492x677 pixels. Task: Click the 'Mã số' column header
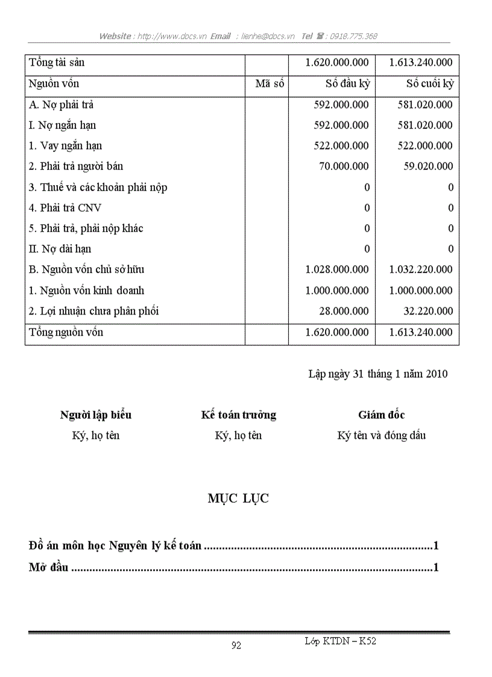click(x=269, y=84)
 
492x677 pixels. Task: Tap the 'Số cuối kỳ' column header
click(x=429, y=84)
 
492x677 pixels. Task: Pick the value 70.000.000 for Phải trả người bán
click(x=344, y=166)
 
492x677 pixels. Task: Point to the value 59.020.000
click(x=427, y=166)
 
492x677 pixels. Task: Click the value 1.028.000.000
click(x=337, y=269)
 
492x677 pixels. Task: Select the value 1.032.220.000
click(x=421, y=269)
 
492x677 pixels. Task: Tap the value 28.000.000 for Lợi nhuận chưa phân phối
click(x=344, y=311)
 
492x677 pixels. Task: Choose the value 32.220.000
click(x=427, y=311)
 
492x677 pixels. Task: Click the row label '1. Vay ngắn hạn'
click(x=66, y=146)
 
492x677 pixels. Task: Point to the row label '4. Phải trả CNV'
click(x=65, y=208)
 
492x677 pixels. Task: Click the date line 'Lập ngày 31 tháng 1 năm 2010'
click(x=377, y=374)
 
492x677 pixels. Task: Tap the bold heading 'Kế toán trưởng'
click(x=239, y=415)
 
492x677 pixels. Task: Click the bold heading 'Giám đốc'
click(x=381, y=415)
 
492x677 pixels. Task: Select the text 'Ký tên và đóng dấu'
click(x=381, y=435)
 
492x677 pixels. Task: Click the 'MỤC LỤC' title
click(x=238, y=499)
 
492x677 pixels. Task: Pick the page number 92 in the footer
click(x=236, y=646)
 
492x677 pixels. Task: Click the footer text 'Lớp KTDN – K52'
click(x=341, y=641)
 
